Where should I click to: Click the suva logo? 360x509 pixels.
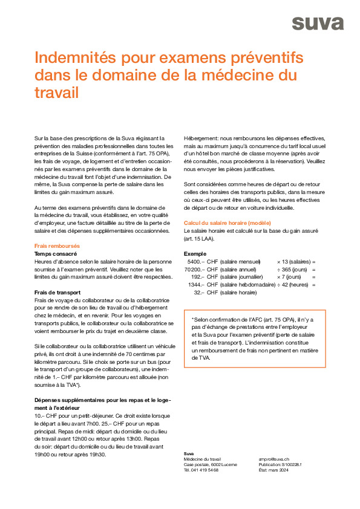tap(318, 23)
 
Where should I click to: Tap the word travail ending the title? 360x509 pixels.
tap(57, 93)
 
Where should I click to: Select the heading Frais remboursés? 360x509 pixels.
tap(57, 246)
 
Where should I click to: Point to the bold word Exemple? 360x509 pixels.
tap(195, 254)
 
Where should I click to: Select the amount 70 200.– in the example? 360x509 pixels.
tap(194, 269)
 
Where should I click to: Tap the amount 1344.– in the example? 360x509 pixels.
tap(195, 285)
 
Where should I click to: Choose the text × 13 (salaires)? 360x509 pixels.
tap(294, 262)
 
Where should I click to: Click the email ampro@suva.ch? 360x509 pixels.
tap(273, 459)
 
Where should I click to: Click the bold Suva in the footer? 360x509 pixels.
tap(189, 453)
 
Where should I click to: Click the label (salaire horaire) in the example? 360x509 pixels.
tap(238, 293)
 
